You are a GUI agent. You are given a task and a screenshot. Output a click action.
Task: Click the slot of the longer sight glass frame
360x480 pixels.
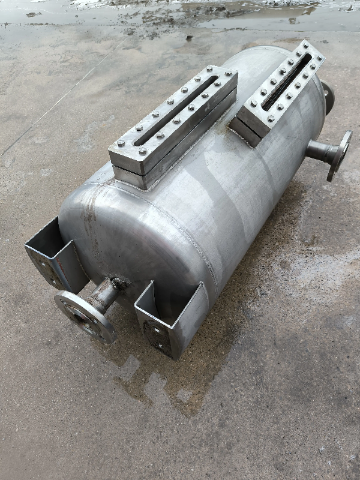click(175, 111)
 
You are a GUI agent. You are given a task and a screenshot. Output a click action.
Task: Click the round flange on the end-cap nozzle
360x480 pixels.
click(83, 316)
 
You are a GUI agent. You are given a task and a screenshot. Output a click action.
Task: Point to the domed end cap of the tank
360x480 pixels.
click(96, 234)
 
